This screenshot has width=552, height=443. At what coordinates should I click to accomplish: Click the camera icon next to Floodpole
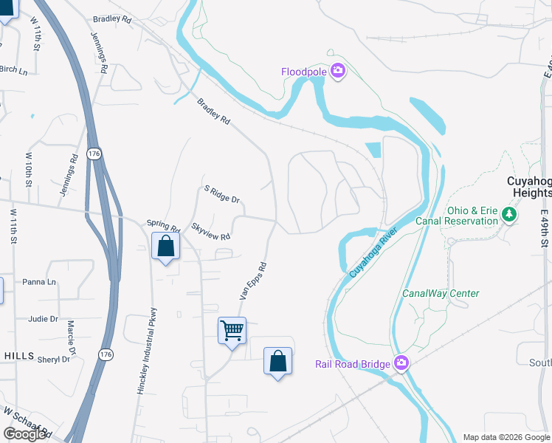point(338,72)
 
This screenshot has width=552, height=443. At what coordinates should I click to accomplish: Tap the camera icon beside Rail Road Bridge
point(401,363)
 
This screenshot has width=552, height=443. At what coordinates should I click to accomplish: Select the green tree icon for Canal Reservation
point(508,215)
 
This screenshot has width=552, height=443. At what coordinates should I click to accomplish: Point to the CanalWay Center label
point(441,293)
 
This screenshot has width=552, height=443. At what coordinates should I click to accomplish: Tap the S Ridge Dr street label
point(222,194)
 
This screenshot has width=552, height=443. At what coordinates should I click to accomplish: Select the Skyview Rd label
point(211,231)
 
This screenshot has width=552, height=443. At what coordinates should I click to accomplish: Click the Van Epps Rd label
point(252,281)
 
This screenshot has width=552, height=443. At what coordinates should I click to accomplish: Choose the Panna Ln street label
point(39,282)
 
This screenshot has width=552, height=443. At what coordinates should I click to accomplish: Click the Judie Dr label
point(43,319)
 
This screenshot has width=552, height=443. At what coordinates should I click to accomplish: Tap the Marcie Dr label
point(72,335)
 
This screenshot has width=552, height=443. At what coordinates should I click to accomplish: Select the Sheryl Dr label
point(55,360)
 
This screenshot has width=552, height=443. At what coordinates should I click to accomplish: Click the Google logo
point(25,434)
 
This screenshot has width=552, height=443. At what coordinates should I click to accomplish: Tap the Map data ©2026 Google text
point(506,437)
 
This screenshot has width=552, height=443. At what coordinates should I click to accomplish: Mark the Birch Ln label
point(13,71)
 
